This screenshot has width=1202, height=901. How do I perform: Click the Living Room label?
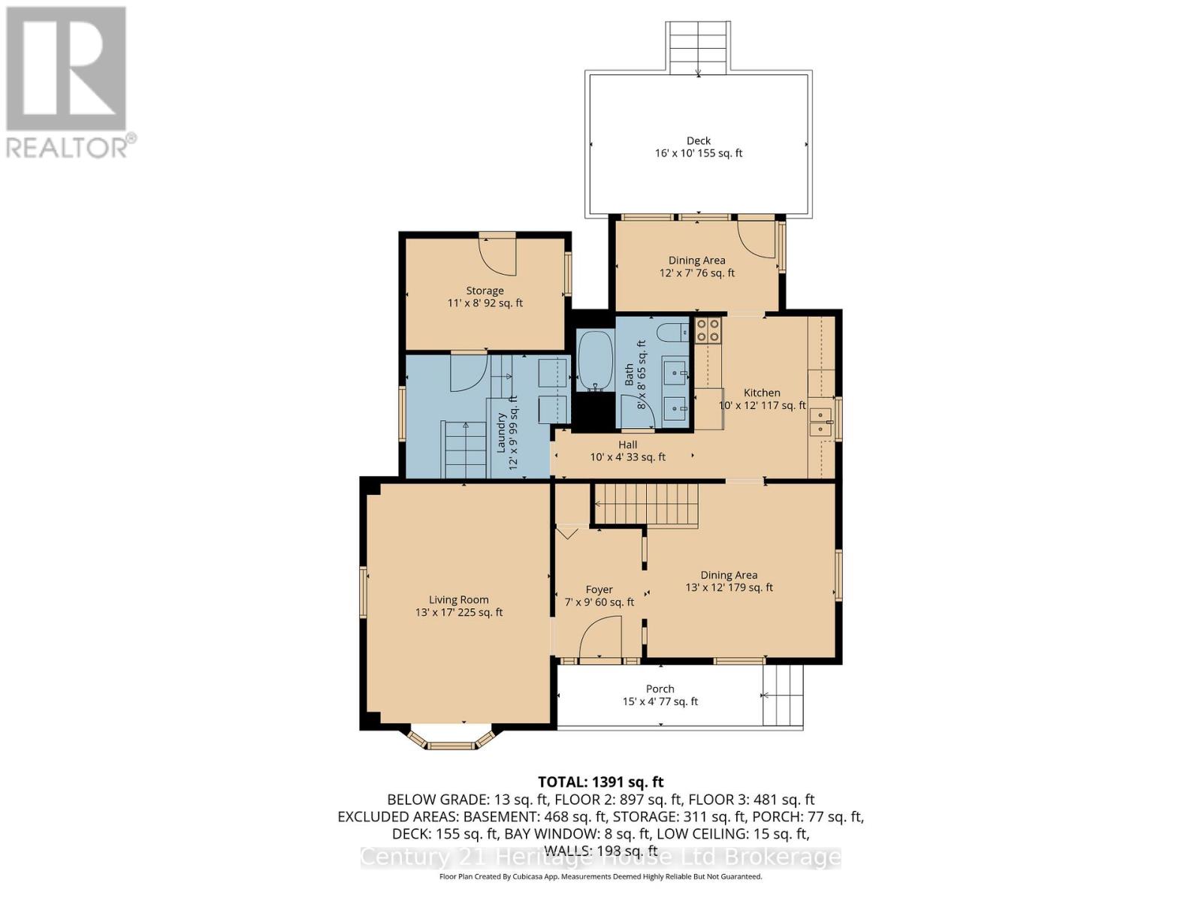tap(459, 606)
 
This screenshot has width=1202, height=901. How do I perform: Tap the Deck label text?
tap(698, 146)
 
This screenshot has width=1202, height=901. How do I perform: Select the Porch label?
tap(660, 695)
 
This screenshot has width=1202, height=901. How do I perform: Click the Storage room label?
tap(485, 297)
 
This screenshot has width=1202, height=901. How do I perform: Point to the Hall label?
tap(627, 450)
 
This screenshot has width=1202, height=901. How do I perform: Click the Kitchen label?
tap(762, 399)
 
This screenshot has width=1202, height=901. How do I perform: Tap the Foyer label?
tap(599, 595)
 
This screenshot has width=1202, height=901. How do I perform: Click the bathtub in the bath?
tap(596, 360)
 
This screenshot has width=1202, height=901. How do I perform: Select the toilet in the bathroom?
tap(671, 331)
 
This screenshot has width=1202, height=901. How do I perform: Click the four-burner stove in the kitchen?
tap(708, 330)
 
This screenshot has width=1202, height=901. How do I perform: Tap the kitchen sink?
tap(820, 423)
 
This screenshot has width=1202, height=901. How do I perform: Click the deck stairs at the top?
tap(698, 47)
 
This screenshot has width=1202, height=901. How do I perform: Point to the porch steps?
tap(783, 696)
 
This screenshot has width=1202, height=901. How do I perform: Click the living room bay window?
tap(451, 740)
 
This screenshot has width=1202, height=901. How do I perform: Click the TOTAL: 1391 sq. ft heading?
tap(600, 782)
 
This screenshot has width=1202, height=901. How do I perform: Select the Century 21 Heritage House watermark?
tap(600, 857)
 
